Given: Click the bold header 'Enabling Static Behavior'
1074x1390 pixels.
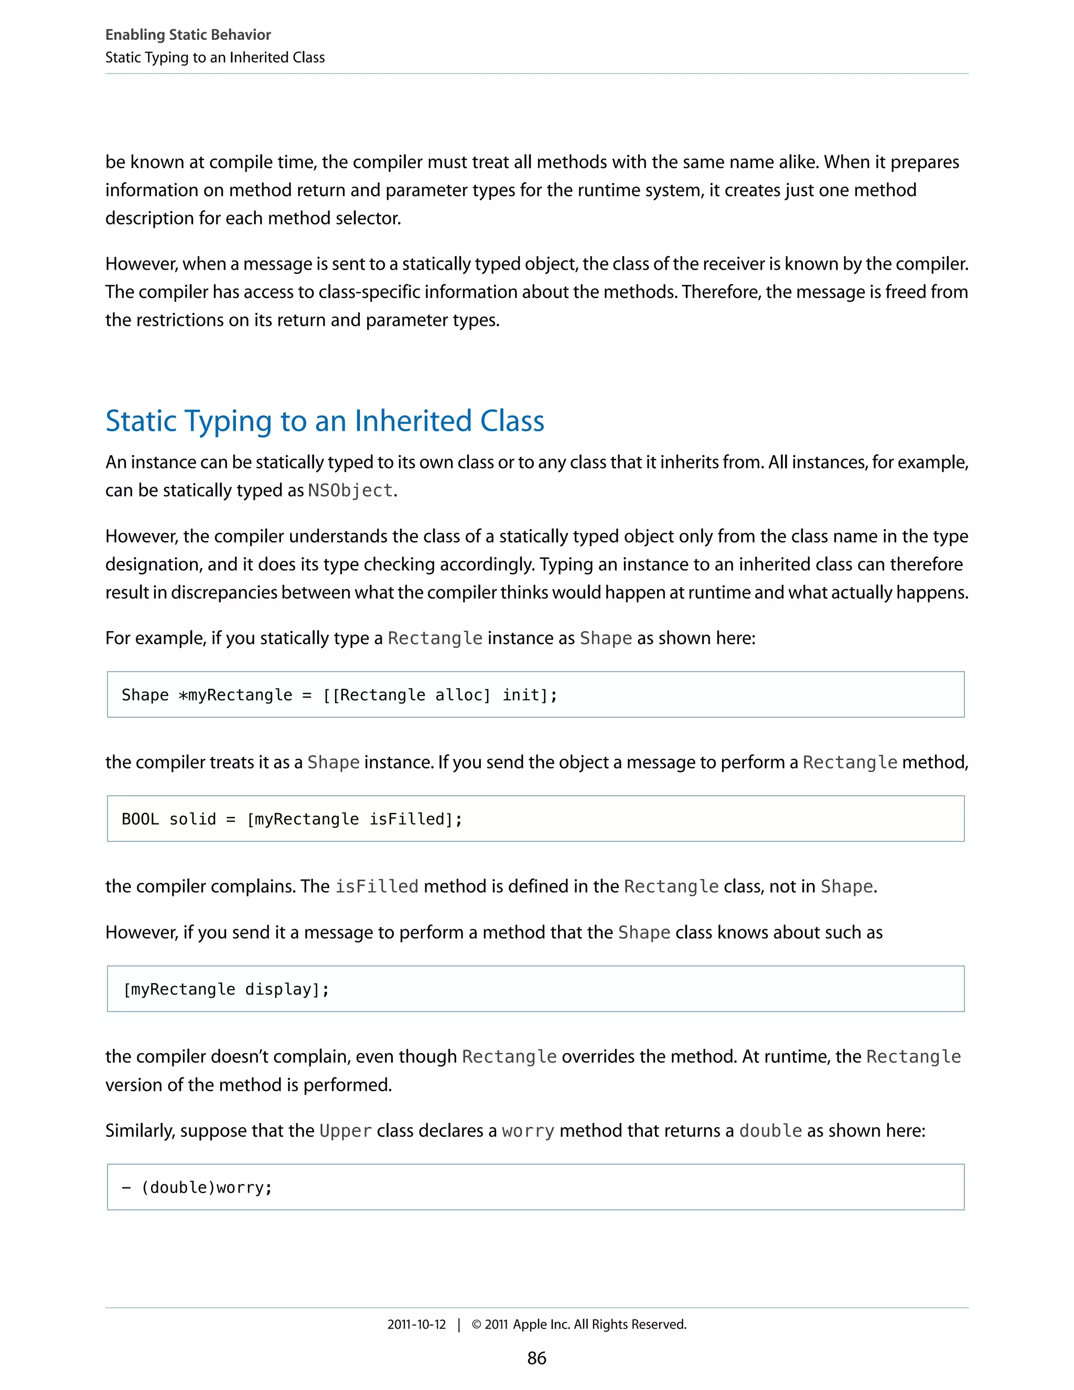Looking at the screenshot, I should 188,35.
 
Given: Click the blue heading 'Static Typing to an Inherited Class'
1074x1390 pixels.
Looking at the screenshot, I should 325,421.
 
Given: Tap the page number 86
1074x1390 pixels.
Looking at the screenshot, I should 536,1358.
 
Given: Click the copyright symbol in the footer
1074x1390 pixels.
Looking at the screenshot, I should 476,1324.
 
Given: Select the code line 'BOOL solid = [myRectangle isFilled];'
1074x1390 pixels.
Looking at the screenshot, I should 292,819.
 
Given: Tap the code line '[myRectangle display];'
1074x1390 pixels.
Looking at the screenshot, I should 226,989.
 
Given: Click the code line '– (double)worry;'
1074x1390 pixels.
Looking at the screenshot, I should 197,1188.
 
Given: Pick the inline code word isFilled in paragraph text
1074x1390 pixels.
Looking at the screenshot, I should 377,886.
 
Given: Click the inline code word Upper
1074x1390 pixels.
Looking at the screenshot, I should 346,1131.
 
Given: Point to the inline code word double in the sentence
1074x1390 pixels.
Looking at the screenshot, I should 770,1131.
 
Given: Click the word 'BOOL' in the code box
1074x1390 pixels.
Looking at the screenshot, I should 140,819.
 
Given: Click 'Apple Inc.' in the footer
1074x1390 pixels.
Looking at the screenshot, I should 541,1324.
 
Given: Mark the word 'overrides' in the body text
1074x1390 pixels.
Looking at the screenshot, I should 598,1056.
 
